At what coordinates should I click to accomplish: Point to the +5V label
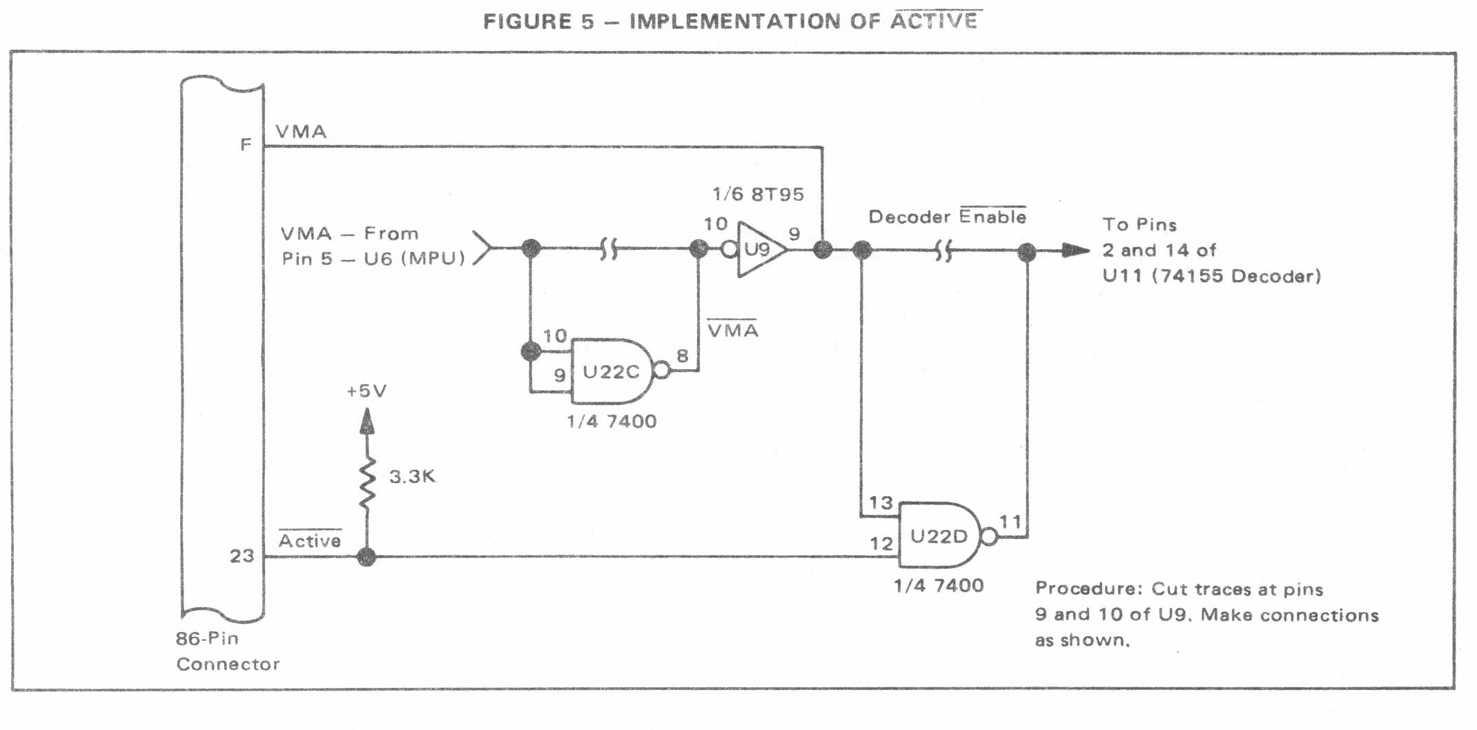click(366, 391)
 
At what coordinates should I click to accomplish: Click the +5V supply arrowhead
click(367, 420)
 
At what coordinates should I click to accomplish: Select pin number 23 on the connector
click(242, 555)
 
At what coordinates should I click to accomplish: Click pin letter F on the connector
click(245, 145)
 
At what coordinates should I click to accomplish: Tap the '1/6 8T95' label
click(759, 194)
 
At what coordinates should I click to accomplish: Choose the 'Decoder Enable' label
click(947, 216)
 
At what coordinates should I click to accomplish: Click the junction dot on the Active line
click(366, 557)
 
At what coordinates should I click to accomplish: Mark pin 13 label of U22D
click(881, 503)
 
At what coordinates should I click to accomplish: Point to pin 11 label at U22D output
click(1010, 522)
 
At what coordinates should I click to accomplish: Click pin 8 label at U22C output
click(682, 356)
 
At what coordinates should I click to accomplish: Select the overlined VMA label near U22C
click(733, 330)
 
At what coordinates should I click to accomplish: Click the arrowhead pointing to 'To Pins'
click(1075, 250)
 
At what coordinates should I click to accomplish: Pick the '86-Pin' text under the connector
click(207, 638)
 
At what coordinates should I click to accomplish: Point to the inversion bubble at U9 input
click(730, 249)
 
